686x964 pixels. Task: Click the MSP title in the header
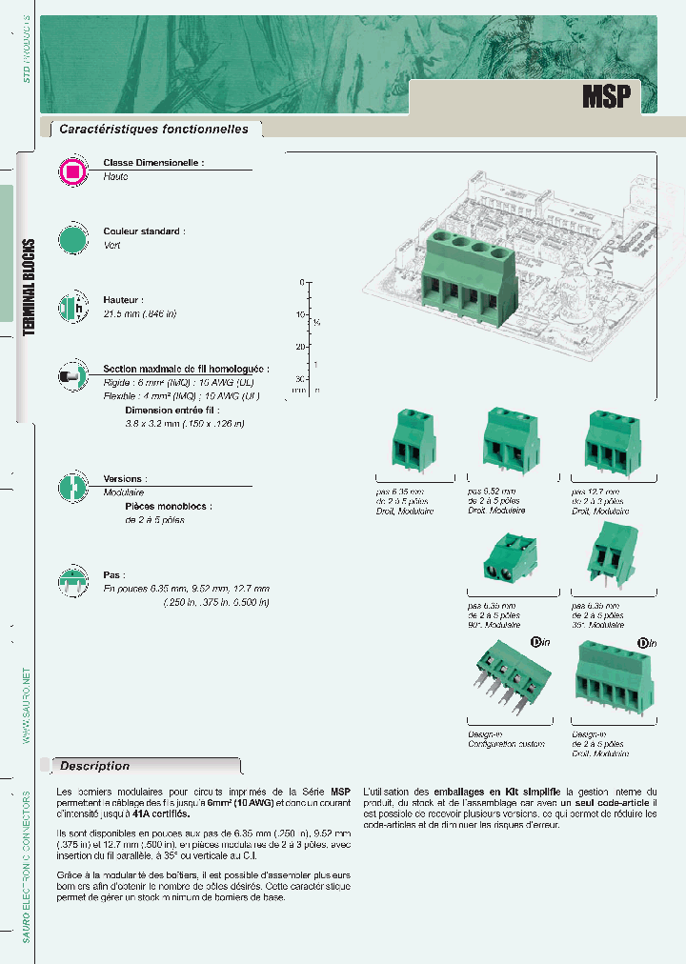[606, 96]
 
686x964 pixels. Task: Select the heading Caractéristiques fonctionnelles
[153, 130]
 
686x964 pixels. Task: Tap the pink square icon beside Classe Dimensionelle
[72, 171]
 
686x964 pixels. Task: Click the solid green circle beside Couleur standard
[72, 239]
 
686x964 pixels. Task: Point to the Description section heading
[95, 766]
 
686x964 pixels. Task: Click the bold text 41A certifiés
[163, 814]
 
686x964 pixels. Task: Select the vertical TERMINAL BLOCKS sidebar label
[30, 286]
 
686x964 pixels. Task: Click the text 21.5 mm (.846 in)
[140, 313]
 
